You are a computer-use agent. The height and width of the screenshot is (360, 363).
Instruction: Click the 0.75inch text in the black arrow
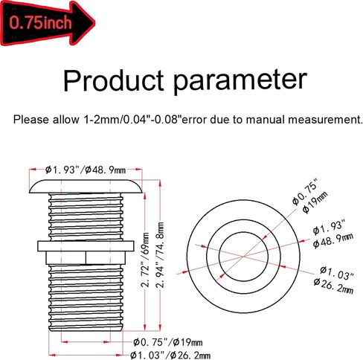click(41, 23)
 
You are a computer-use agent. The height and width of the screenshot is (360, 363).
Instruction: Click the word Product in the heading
click(114, 80)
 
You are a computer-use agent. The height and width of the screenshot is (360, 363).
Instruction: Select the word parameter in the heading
click(240, 82)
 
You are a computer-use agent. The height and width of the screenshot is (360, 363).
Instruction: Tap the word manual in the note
click(266, 120)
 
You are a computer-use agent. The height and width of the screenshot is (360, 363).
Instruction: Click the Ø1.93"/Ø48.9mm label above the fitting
click(86, 170)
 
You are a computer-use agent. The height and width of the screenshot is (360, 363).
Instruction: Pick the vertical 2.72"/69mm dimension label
click(146, 260)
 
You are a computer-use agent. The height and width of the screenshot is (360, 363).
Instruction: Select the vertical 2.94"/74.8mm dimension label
click(160, 254)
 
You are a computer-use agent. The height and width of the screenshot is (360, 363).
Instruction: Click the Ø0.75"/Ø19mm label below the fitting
click(167, 343)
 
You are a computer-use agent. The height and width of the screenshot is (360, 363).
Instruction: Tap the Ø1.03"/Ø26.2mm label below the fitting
click(170, 356)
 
